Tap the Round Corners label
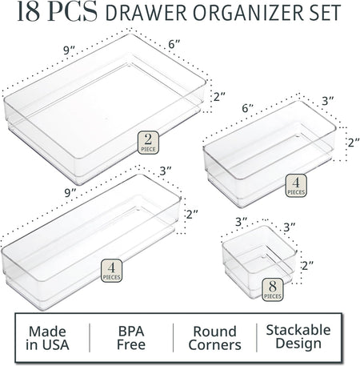(214, 339)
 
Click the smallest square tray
(257, 262)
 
